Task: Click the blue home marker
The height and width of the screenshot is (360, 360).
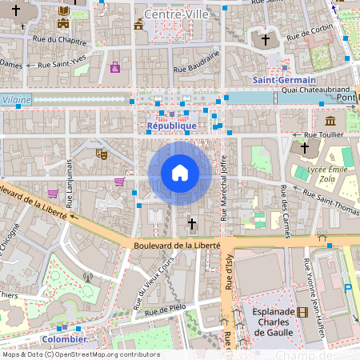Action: [x=180, y=173]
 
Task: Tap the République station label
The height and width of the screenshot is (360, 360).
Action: [x=172, y=126]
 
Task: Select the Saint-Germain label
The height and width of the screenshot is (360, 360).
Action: [x=284, y=81]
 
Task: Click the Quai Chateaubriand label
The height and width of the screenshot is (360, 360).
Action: [x=312, y=90]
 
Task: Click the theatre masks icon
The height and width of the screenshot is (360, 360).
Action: [x=102, y=153]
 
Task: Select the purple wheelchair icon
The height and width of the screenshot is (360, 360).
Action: [x=115, y=67]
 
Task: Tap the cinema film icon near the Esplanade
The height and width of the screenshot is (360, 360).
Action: [x=302, y=313]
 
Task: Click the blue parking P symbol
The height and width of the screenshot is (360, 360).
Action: [x=347, y=288]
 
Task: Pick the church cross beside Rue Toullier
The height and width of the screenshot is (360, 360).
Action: [x=304, y=147]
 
